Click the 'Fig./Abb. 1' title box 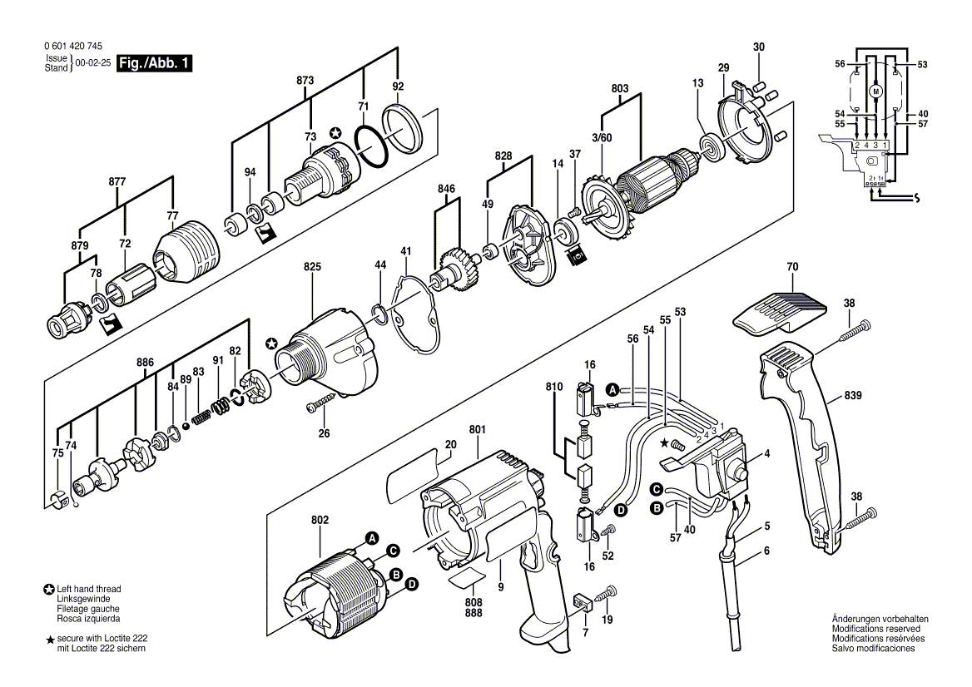coord(154,63)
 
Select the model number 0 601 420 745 coord(74,47)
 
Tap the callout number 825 coord(312,266)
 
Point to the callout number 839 coord(852,395)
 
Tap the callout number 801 coord(478,429)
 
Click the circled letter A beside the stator coord(372,537)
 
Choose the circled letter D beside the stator coord(412,584)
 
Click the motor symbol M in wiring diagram coord(876,91)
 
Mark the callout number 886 coord(145,363)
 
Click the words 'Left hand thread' coord(89,589)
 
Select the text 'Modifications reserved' coord(876,629)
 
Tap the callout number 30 coord(759,47)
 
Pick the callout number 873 coord(305,80)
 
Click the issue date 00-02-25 coord(93,63)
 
